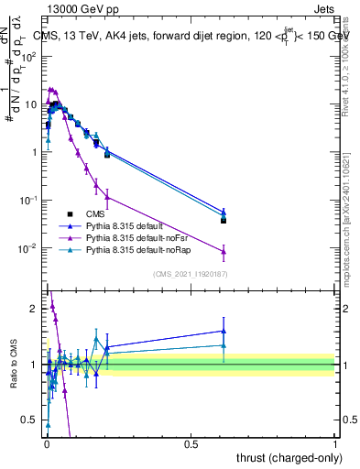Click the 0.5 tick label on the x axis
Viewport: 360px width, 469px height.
[191, 443]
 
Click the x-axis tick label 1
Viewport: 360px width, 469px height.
[336, 443]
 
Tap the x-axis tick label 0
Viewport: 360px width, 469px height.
[47, 443]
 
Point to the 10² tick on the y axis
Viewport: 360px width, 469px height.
[29, 56]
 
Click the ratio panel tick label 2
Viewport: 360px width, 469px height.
[37, 309]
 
